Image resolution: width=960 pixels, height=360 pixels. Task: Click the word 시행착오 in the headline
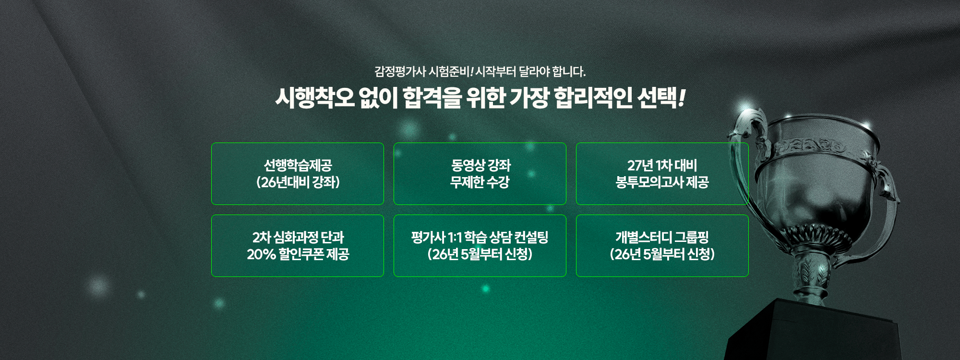point(315,98)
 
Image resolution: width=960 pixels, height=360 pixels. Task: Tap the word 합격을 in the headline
point(432,98)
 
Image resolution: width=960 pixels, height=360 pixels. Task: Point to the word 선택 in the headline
point(657,98)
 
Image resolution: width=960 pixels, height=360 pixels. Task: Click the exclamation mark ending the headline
point(682,98)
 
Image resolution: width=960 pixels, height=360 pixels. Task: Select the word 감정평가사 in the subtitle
point(400,72)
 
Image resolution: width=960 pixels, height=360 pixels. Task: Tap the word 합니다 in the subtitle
point(568,72)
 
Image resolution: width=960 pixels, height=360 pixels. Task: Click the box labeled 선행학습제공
point(298,174)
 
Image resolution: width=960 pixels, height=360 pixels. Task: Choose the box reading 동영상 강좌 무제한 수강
point(480,174)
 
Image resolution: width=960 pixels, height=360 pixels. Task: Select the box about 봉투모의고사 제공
point(662,174)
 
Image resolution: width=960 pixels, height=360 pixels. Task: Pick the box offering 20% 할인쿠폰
point(298,246)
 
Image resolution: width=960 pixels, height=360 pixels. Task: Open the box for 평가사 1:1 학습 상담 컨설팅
point(480,246)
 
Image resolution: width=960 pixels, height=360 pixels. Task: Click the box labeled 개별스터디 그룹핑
point(662,246)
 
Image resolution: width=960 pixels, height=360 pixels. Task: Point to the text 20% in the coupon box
point(261,254)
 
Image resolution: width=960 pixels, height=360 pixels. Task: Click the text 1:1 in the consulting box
point(455,238)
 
